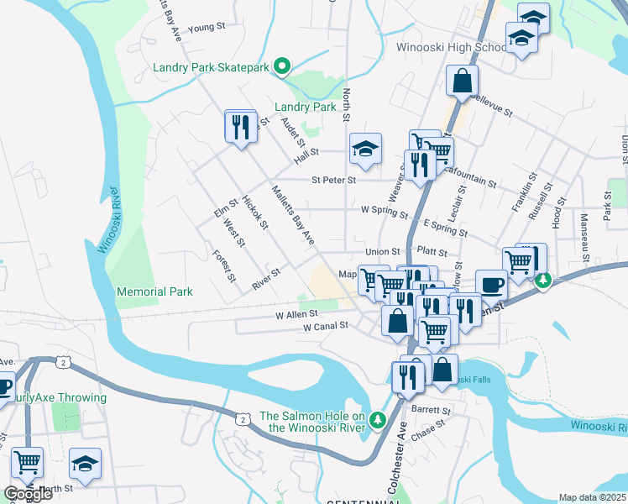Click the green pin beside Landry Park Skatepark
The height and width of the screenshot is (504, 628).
pos(283,66)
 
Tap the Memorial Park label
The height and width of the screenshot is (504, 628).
pos(154,291)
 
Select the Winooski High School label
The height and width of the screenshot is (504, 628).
pos(439,47)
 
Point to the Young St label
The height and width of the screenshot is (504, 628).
pos(207,27)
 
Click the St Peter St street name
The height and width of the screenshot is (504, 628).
pos(333,180)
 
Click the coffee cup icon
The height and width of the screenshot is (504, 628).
pos(491,284)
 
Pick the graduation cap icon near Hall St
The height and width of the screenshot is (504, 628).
pos(365,149)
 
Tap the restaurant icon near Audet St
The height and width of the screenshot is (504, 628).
pos(241,127)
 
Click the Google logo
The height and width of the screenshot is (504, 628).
pos(28,493)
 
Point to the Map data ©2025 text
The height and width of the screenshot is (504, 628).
pos(593,497)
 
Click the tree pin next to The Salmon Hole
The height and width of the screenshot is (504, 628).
pos(378,418)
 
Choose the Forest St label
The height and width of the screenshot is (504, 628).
pos(223,266)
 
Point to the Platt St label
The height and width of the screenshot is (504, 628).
pos(431,251)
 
